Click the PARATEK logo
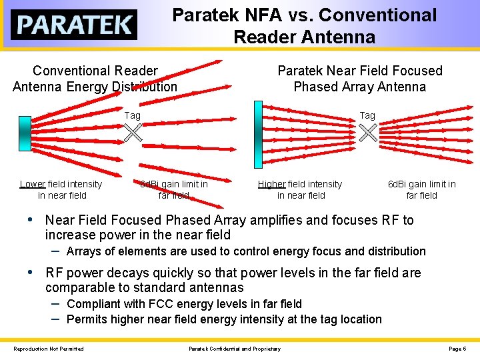pos(74,25)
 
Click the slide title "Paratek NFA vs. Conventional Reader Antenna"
pos(304,25)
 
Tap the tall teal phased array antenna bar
pos(258,134)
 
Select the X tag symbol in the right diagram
pos(368,133)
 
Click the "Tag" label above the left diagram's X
pos(133,116)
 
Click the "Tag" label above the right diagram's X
pos(367,116)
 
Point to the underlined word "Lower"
pos(33,184)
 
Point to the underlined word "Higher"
pos(272,184)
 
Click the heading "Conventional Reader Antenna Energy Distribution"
pos(95,79)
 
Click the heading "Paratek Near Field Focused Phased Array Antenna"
pos(359,79)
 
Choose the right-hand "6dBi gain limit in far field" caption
pos(421,190)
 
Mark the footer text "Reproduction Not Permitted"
pos(49,349)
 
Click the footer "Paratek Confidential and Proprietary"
pos(235,349)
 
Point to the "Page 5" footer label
pos(457,349)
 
